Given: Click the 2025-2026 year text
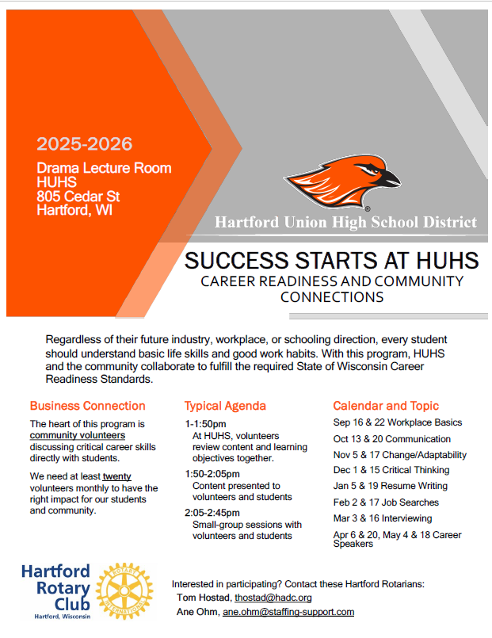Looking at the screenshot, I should click(84, 144).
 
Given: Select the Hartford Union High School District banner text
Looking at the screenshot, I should click(345, 222).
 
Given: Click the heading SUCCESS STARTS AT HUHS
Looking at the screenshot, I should click(331, 260).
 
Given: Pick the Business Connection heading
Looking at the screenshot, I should click(88, 406).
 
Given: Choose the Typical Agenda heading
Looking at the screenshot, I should click(225, 406).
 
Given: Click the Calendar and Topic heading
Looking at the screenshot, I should click(386, 406).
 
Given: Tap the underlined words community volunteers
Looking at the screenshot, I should click(78, 435).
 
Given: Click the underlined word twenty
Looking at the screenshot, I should click(116, 476).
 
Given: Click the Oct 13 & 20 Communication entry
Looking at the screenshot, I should click(392, 439).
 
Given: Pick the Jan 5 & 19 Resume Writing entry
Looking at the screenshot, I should click(391, 486).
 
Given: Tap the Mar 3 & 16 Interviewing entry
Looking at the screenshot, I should click(383, 518).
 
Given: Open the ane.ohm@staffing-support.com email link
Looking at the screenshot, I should click(288, 612).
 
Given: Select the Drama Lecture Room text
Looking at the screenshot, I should click(104, 168).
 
